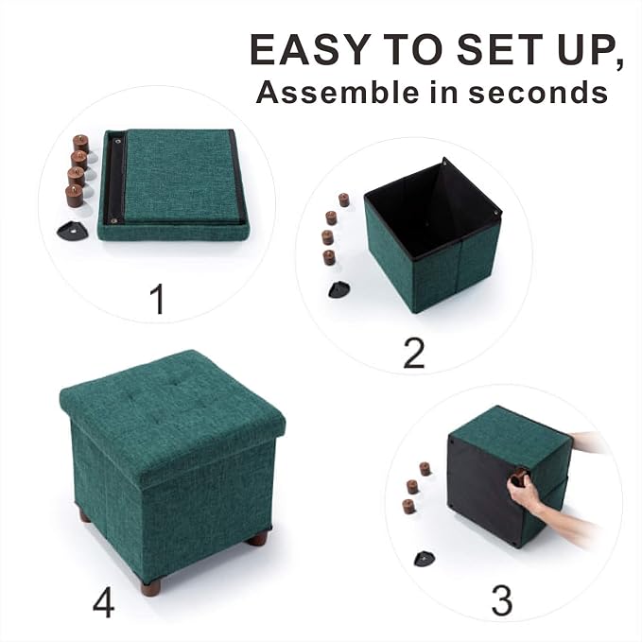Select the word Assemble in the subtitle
click(338, 92)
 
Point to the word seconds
click(538, 92)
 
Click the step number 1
click(158, 299)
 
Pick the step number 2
click(414, 354)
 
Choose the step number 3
click(501, 601)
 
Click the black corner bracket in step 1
click(70, 231)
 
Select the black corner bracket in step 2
click(339, 289)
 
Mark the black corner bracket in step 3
click(425, 559)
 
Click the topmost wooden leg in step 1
click(81, 144)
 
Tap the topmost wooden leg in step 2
click(344, 200)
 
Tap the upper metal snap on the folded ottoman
click(119, 142)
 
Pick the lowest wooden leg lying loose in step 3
click(408, 507)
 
